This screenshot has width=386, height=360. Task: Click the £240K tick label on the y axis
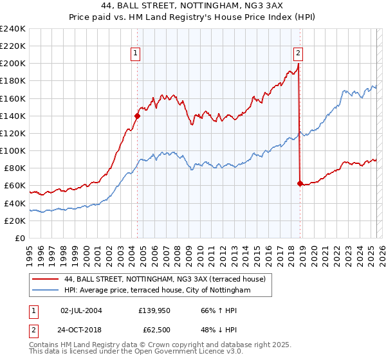[13, 29]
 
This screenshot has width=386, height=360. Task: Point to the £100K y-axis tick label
[13, 150]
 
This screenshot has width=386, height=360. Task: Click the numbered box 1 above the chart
[136, 54]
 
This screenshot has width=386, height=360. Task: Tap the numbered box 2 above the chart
[299, 54]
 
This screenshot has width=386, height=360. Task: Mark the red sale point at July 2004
[137, 116]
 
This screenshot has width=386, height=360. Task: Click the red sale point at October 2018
[300, 183]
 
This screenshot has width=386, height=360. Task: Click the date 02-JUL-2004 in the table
[81, 310]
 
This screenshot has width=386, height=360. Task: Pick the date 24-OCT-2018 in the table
[81, 330]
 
